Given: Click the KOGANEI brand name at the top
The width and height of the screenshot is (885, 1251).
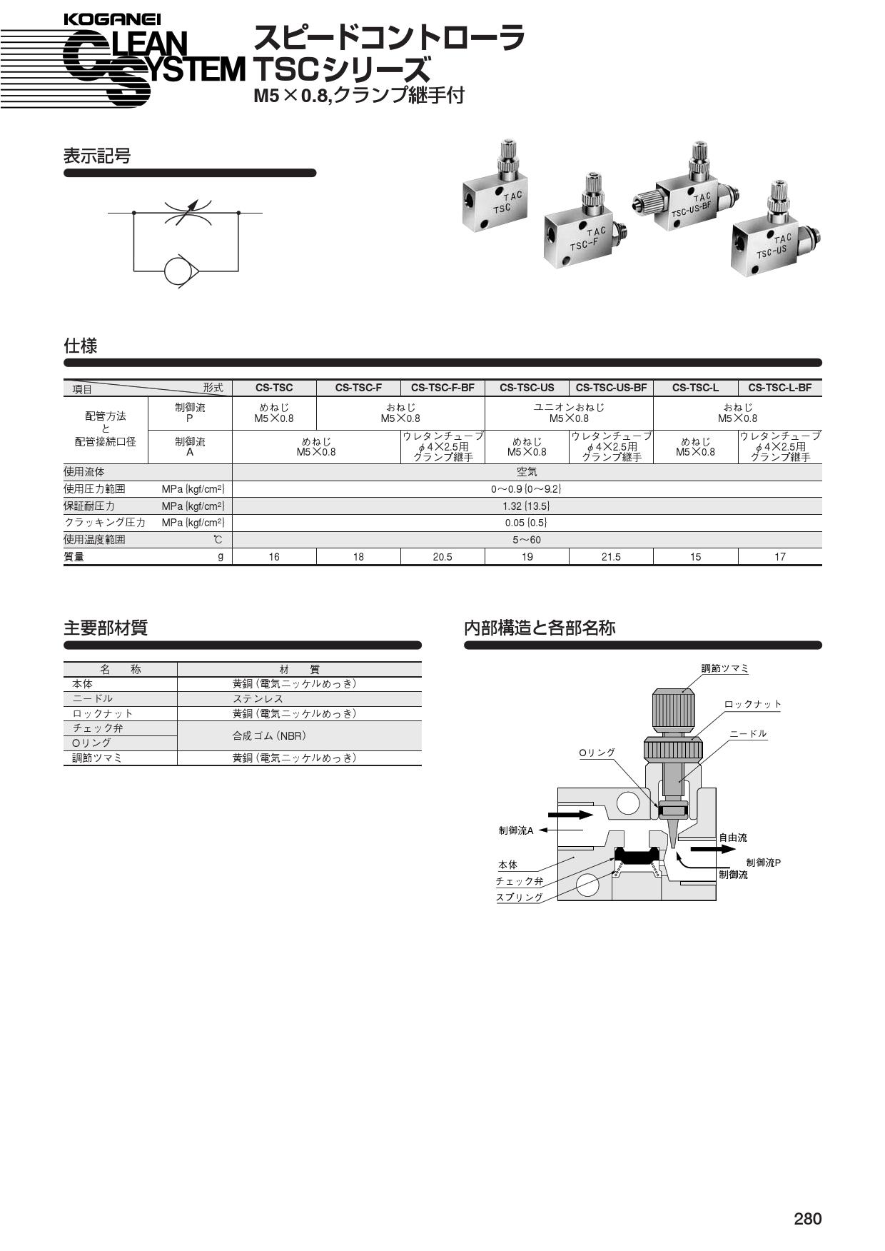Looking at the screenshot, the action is (112, 20).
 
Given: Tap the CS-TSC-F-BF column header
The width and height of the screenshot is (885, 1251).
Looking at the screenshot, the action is (442, 388).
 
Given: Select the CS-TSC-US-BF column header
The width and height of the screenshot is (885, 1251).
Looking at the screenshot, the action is (611, 388).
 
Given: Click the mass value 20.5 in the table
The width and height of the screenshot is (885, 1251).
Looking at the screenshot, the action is (442, 557).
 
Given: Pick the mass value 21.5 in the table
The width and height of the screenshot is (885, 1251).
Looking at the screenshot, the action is (611, 557).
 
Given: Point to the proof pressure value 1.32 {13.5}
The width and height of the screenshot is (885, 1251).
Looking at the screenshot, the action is (527, 506).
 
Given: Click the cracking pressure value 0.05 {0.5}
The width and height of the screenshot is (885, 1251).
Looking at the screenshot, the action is (527, 523).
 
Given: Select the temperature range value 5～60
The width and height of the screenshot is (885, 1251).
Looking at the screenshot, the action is (527, 540).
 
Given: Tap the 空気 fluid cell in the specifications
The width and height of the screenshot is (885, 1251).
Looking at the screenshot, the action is (527, 472).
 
